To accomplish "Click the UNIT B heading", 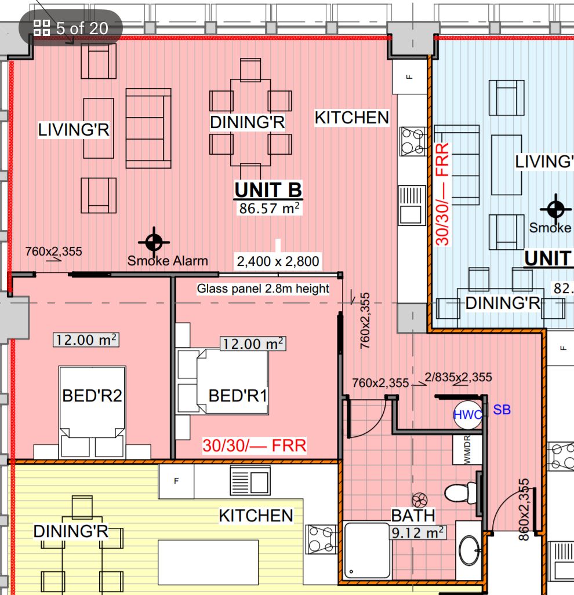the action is [x=268, y=189].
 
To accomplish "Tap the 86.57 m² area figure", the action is [x=269, y=209].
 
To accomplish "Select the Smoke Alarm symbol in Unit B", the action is [x=154, y=242].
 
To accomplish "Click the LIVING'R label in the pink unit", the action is [x=74, y=130].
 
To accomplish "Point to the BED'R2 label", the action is [x=92, y=396].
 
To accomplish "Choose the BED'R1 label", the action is [x=238, y=396].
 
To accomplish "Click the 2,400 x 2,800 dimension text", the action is [x=278, y=261].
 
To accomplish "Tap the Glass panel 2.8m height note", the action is [x=263, y=289].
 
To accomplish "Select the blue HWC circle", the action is [x=468, y=415].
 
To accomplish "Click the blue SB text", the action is [x=502, y=410].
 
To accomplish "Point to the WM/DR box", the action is [x=467, y=450].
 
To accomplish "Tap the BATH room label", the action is [x=413, y=516].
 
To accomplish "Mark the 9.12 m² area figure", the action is [x=417, y=532].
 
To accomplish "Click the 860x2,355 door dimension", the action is [x=524, y=509].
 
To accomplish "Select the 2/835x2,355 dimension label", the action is [x=458, y=377].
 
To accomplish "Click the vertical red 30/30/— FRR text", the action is [x=442, y=194].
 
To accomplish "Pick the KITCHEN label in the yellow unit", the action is [x=256, y=516].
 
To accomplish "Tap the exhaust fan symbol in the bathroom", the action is [x=420, y=500].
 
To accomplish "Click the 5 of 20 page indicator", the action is [x=71, y=28].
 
